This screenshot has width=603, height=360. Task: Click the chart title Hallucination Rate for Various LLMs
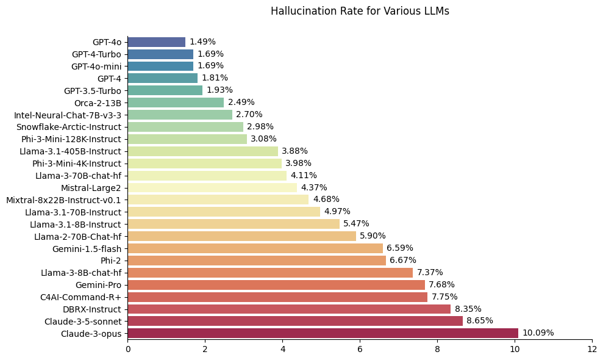(x=360, y=11)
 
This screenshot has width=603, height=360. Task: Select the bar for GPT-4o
(x=156, y=42)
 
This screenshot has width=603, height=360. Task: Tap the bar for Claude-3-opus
(x=323, y=333)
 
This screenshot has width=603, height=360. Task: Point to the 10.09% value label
(x=538, y=333)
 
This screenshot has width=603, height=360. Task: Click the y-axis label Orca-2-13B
(x=98, y=103)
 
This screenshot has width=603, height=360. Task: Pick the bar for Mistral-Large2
(x=212, y=187)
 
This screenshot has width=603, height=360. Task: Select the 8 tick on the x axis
(x=437, y=350)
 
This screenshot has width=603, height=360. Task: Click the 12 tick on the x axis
(x=592, y=350)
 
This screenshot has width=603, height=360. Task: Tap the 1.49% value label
(x=202, y=42)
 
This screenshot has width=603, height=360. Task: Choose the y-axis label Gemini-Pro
(x=98, y=285)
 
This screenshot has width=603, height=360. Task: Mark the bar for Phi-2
(x=257, y=261)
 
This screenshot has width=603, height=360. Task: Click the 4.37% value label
(x=314, y=187)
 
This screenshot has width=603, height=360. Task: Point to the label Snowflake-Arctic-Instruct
(x=69, y=127)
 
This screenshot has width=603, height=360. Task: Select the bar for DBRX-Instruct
(x=289, y=309)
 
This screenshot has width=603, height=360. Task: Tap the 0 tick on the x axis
(x=128, y=350)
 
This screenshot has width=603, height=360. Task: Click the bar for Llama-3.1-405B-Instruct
(x=202, y=151)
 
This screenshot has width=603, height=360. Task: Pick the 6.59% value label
(x=400, y=248)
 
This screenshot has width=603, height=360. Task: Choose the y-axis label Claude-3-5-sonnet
(x=83, y=321)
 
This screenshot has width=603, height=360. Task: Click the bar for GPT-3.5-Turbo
(x=165, y=90)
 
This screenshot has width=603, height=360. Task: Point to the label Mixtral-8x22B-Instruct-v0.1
(x=63, y=200)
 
